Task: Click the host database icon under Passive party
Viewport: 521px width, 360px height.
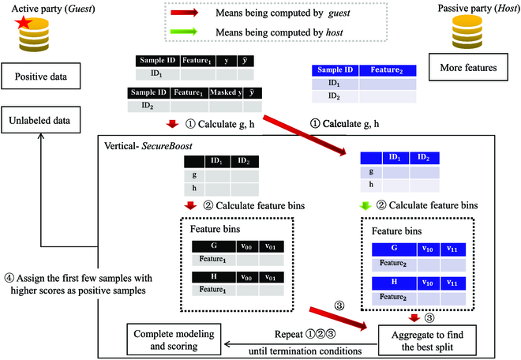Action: [x=467, y=36]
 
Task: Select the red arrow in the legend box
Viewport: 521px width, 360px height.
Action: [x=189, y=13]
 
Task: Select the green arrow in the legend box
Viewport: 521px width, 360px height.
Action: [x=189, y=32]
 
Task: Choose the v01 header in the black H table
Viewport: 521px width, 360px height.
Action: [x=270, y=277]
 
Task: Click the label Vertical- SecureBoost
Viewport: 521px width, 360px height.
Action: [x=150, y=147]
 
